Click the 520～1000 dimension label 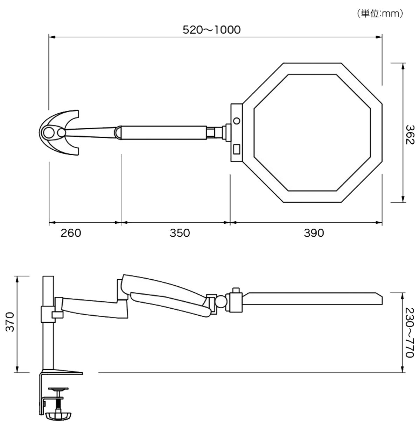coord(212,30)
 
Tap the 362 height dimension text coord(410,135)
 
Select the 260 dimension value coord(71,233)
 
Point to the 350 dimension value coord(180,233)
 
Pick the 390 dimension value coord(314,233)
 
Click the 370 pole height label coord(10,322)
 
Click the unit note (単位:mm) coord(380,14)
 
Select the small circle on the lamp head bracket coord(237,121)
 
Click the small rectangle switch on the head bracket coord(237,149)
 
